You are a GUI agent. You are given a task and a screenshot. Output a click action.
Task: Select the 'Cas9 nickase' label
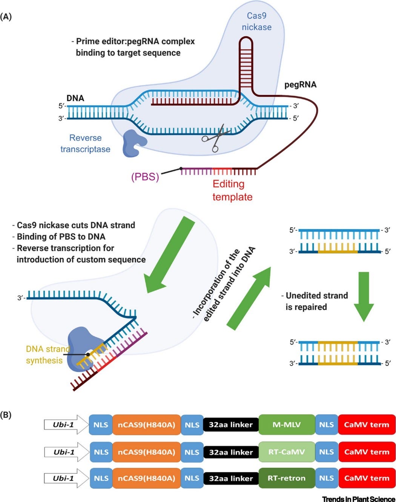pos(256,22)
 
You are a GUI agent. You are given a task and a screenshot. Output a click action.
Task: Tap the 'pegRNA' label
pos(300,85)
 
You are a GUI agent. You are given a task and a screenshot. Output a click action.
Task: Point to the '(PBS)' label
pos(145,177)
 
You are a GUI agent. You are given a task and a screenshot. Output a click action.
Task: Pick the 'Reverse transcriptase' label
pos(85,143)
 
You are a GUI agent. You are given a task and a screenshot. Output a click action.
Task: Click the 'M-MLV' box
pos(287,425)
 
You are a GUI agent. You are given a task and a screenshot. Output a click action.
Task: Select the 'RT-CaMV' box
pos(287,452)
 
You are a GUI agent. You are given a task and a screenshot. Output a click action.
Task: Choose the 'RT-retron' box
pos(287,478)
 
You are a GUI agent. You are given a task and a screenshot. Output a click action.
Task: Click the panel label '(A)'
pos(6,17)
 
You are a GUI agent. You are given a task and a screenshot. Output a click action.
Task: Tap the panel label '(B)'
pos(6,415)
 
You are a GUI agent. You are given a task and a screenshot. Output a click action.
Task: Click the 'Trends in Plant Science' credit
pos(358,499)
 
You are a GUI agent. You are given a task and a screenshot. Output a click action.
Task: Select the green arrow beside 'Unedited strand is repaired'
pos(364,297)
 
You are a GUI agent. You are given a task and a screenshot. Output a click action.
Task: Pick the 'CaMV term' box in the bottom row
pos(367,478)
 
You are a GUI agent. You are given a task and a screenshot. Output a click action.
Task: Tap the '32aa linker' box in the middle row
pos(231,452)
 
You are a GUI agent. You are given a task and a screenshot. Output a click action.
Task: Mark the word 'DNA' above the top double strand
pos(75,98)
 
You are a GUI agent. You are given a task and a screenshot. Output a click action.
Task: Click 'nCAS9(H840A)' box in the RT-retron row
pos(146,478)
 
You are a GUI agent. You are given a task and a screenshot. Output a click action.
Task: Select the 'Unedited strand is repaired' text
pos(316,301)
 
